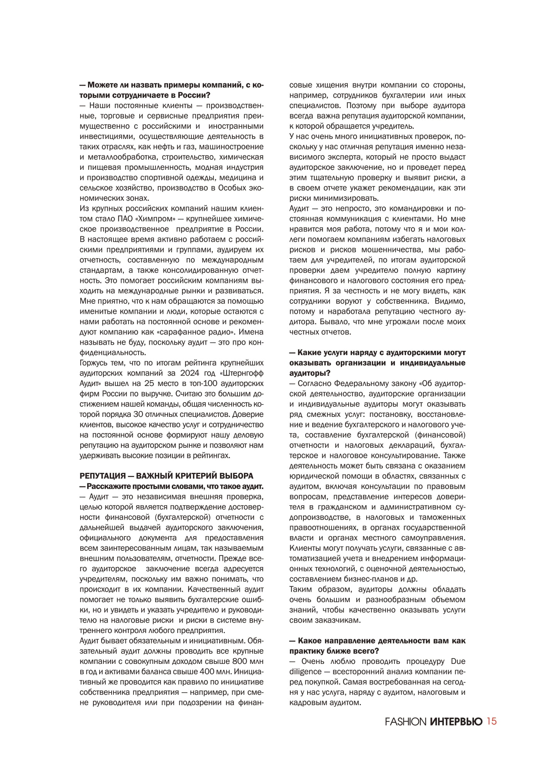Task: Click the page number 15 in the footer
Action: pos(492,721)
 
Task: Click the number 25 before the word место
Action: pos(149,383)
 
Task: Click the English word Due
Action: pos(458,661)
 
